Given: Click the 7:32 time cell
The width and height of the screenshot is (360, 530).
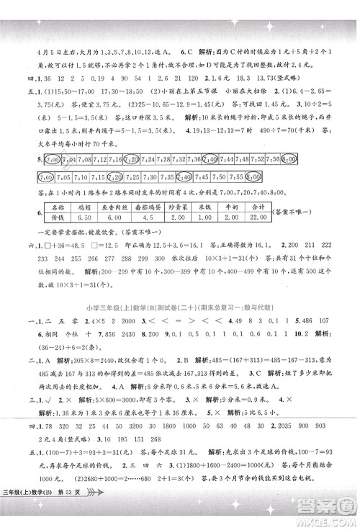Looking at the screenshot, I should [173, 159].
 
